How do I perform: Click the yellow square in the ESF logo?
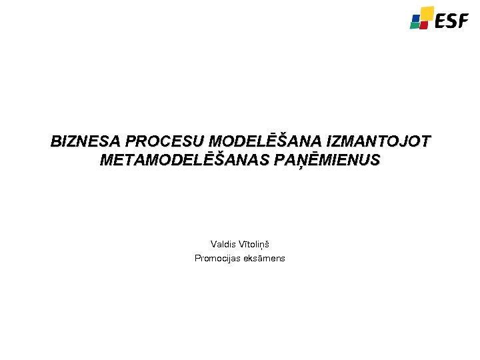(x=426, y=13)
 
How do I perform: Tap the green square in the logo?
(x=415, y=25)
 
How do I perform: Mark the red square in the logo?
(x=425, y=24)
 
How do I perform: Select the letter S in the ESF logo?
(x=452, y=22)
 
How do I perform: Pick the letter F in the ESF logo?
(x=463, y=22)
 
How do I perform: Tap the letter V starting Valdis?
(x=213, y=245)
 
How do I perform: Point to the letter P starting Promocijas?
(x=197, y=258)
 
